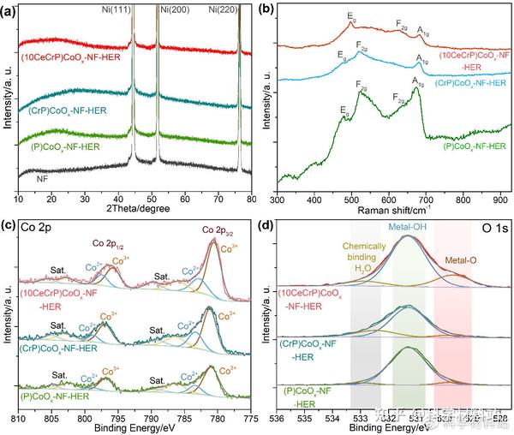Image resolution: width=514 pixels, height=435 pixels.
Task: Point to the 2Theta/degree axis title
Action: coord(137,209)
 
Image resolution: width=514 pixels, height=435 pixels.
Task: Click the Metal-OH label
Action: coord(409,226)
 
